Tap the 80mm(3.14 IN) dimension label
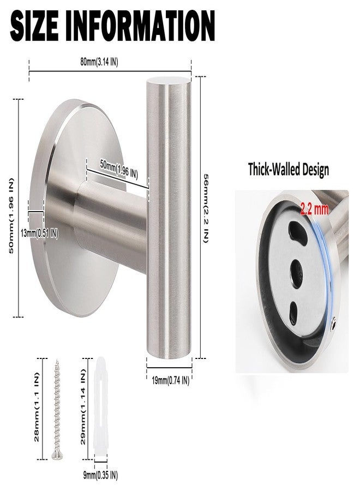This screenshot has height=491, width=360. point(99,62)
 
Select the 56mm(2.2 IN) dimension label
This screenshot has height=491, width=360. point(205,208)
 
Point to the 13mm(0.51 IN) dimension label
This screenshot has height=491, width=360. point(39,233)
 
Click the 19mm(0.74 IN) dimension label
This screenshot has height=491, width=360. point(171,381)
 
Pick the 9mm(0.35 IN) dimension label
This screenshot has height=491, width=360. point(100,475)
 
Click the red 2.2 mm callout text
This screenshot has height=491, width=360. point(315,209)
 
